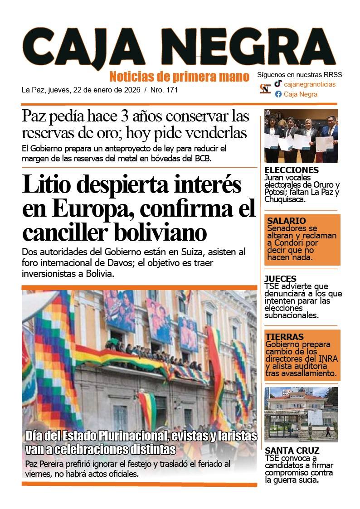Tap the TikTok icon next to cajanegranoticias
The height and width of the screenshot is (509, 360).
(278, 84)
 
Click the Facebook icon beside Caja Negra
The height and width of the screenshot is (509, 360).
(278, 94)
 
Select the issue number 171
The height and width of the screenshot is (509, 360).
(172, 90)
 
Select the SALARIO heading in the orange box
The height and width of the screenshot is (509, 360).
(286, 221)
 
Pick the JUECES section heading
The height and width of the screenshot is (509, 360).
(280, 279)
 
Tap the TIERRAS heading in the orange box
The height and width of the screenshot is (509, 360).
(285, 337)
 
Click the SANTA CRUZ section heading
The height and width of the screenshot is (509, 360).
(292, 451)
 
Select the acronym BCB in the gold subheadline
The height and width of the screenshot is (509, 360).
(201, 158)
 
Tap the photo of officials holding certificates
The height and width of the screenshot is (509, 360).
(301, 136)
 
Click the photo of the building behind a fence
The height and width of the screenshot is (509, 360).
(301, 414)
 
